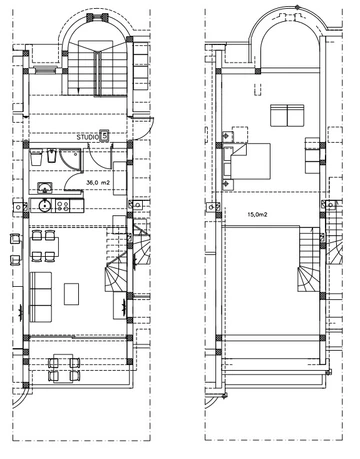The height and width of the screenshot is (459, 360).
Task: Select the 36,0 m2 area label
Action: click(97, 184)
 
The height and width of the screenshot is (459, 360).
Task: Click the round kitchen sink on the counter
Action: click(43, 206)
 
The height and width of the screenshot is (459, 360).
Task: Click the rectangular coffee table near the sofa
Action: click(73, 293)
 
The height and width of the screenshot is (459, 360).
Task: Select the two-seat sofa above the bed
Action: click(286, 111)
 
